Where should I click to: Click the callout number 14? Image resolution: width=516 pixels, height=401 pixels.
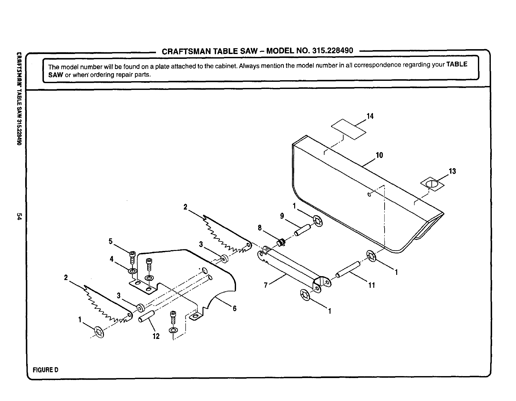pos(370,116)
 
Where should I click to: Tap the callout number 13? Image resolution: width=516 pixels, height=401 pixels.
pos(452,171)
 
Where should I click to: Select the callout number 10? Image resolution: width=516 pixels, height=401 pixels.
pos(379,155)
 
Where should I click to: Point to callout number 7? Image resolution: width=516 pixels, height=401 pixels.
pos(266,285)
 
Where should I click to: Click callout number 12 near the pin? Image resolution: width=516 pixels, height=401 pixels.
pos(156,336)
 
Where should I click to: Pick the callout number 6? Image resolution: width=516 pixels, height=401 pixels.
pos(234,309)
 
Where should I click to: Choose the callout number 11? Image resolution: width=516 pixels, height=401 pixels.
pos(372,285)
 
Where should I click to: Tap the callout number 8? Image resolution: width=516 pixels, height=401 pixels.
pos(260,228)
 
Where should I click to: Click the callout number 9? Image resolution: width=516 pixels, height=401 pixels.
pos(282,216)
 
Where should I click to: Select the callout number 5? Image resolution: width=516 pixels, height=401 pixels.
pos(110,241)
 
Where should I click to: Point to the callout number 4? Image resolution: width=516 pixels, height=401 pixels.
pos(112,259)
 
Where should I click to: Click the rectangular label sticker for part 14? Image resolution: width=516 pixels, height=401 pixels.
pos(349,129)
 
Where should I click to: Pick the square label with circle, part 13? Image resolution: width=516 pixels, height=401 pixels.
pos(432,184)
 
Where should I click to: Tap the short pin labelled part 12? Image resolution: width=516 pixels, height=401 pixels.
pos(147,316)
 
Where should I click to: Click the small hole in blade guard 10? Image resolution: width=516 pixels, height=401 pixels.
pos(369,194)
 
